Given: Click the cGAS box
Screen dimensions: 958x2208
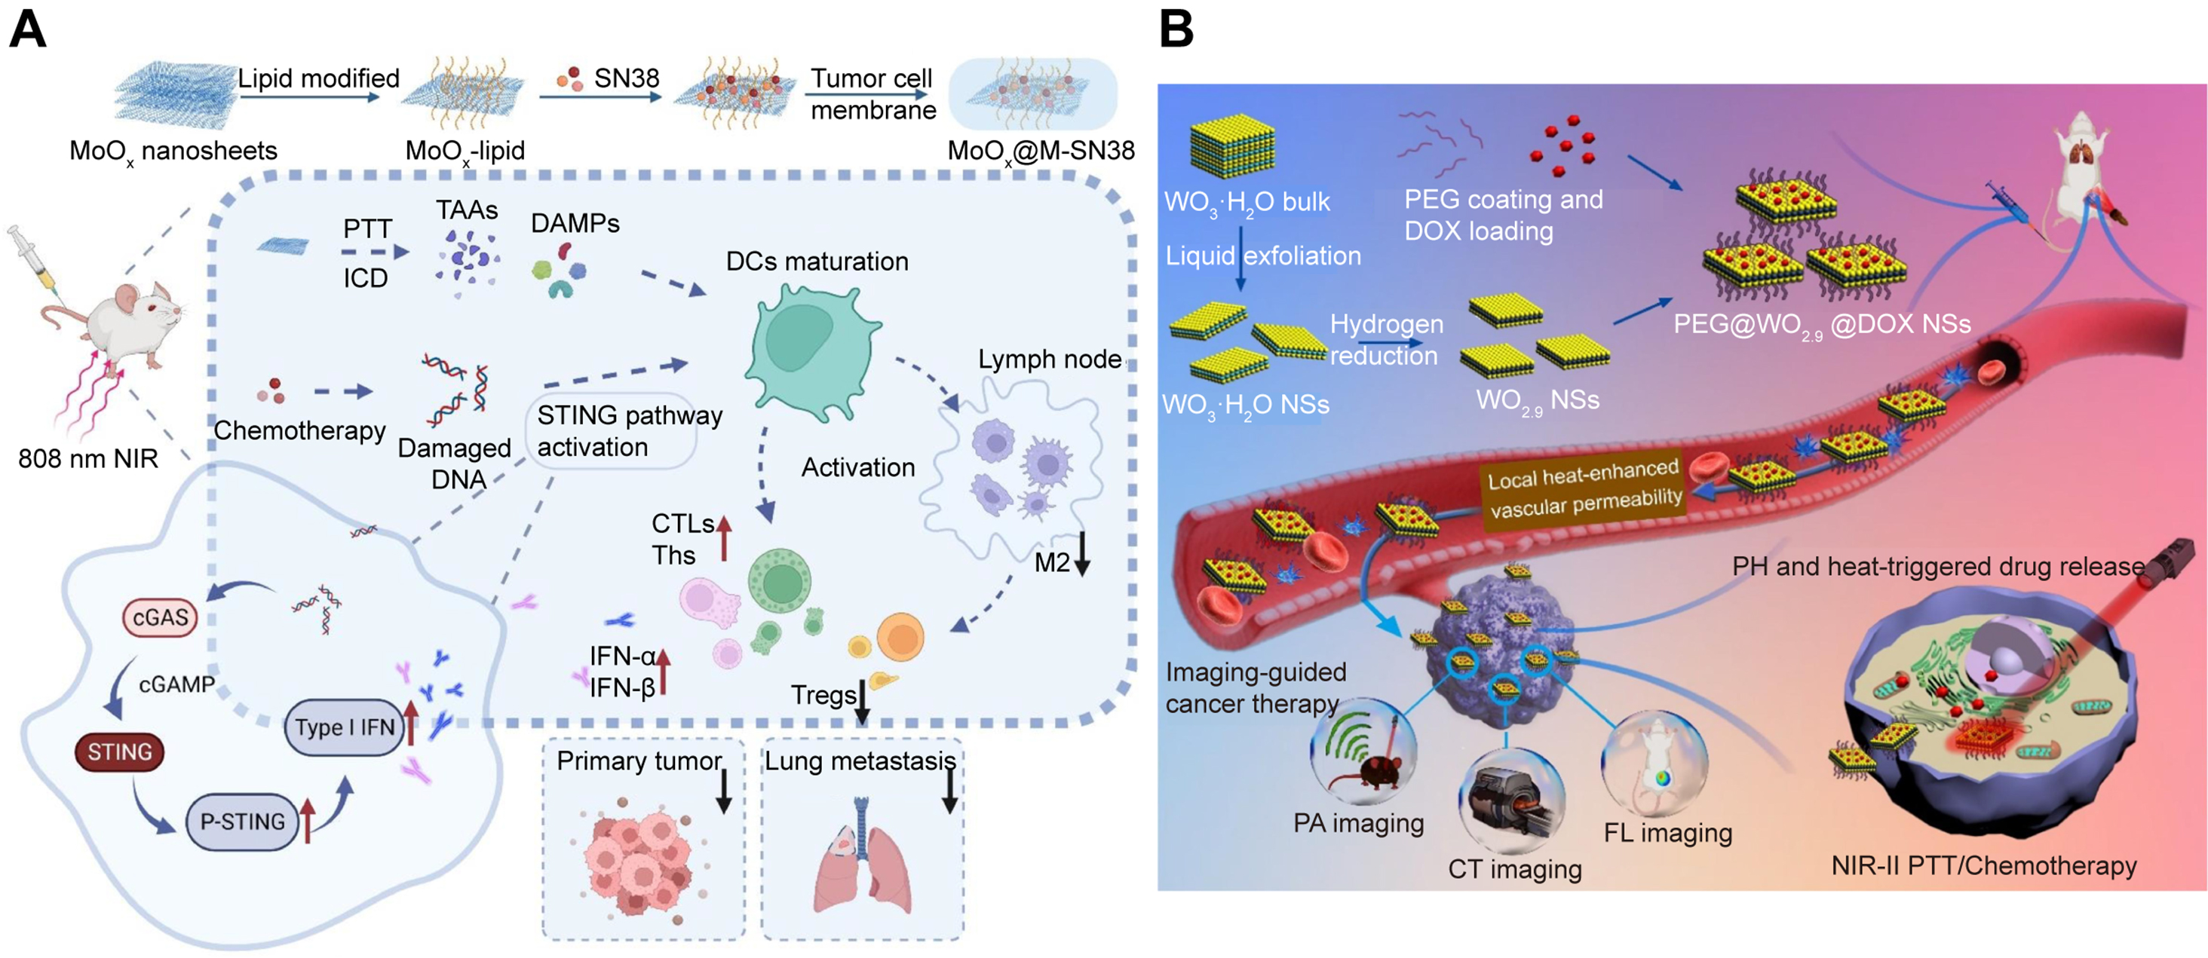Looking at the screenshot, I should (x=161, y=617).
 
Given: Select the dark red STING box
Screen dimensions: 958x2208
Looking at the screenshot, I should (x=119, y=751).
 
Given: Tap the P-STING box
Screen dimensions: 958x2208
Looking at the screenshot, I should (x=242, y=821).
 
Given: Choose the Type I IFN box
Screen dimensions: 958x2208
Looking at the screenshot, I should (x=344, y=727).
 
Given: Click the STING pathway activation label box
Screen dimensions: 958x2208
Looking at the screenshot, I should (x=611, y=431).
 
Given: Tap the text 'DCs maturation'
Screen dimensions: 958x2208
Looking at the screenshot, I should (x=817, y=262).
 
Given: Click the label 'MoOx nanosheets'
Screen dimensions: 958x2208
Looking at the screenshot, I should (x=173, y=151).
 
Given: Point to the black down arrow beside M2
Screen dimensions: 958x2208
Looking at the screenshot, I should (x=1083, y=556).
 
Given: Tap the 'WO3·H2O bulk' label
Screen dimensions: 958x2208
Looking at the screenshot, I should (x=1247, y=202).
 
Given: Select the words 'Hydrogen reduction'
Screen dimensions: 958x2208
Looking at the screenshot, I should (x=1386, y=339).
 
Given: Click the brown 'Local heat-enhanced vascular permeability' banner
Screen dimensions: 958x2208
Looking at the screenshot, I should (x=1585, y=488).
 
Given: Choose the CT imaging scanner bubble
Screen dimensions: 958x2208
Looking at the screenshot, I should (x=1511, y=801).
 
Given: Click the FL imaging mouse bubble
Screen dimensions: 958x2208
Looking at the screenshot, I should (x=1654, y=763).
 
